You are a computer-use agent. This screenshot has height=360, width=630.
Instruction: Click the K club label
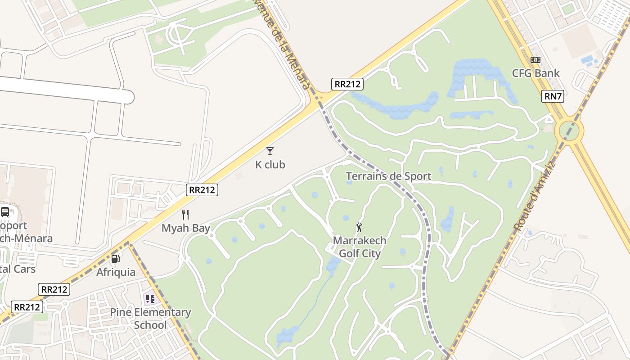270,165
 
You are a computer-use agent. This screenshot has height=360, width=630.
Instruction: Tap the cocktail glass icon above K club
270,151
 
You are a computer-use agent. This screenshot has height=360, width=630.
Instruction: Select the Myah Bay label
186,228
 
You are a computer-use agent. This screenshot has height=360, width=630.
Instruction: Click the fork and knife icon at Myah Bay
185,215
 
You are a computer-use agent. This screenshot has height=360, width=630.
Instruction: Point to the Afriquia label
116,272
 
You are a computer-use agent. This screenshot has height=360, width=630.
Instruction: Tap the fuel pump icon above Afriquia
116,258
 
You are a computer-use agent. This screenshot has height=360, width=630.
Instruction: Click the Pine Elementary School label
150,319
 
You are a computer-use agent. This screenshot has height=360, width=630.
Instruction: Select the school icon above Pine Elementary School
150,298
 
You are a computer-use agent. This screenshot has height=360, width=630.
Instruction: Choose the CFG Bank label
535,73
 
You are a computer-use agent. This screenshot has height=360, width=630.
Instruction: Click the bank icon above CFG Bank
535,60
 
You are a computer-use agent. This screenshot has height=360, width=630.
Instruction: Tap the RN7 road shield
553,96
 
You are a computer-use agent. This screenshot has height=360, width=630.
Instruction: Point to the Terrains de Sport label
388,176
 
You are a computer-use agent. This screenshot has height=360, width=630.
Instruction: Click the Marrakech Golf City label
360,247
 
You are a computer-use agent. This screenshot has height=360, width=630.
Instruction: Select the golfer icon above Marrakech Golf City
359,227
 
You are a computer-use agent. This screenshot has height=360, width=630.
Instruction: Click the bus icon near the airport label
5,211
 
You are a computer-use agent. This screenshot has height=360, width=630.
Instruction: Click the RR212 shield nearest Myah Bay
202,190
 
